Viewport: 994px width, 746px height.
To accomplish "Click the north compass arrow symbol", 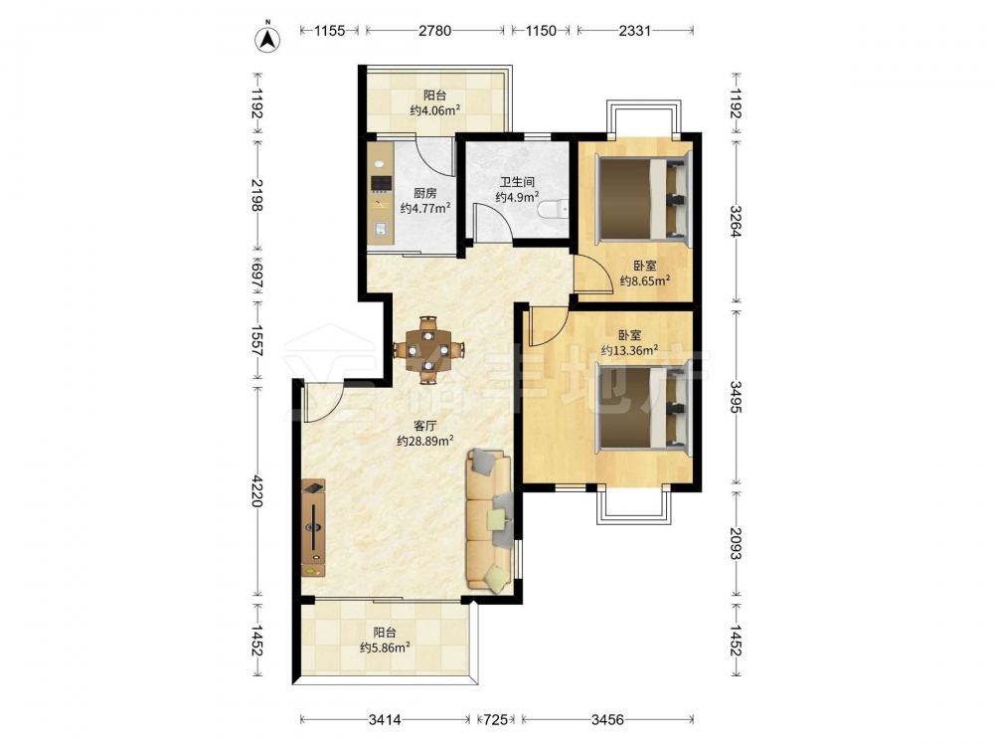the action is point(267,39).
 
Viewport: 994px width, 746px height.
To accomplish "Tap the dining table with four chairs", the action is point(428,349).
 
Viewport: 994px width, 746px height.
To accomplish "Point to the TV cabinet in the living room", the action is point(313,528).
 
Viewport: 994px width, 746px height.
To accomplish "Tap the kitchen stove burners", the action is point(381,184).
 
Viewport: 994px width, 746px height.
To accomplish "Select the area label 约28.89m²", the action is point(424,441).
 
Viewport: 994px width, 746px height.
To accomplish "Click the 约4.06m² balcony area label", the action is point(435,110).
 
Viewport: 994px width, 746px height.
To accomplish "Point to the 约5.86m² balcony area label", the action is point(385,648).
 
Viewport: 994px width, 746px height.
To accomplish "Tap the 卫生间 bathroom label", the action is point(517,182).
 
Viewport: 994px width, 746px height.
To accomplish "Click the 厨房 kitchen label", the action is point(424,193).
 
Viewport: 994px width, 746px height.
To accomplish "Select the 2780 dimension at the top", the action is point(435,31).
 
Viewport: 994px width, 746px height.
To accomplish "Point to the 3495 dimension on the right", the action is point(736,397).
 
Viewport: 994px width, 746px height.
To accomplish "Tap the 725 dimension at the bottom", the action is point(496,719).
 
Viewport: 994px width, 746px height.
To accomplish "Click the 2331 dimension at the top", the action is point(634,31).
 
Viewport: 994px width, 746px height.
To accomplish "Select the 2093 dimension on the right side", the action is point(736,544).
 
